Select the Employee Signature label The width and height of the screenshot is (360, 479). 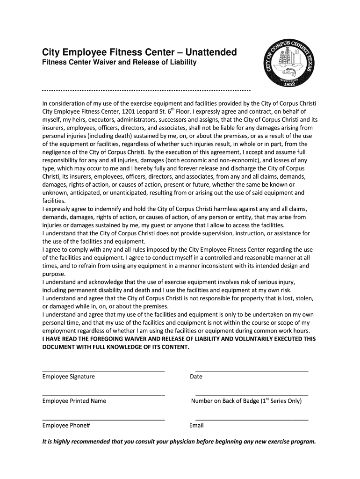click(68, 377)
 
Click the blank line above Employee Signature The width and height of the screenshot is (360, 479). click(103, 370)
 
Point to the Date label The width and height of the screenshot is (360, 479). click(196, 377)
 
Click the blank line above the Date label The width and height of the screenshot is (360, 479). click(252, 370)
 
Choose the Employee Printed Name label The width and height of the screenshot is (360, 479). click(74, 401)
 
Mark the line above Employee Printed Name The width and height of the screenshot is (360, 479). click(103, 395)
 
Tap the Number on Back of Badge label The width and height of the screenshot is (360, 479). click(246, 401)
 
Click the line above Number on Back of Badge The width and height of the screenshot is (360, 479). click(252, 395)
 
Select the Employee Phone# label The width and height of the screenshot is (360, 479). click(66, 426)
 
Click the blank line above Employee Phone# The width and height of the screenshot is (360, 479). click(103, 420)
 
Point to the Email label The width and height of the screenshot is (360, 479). click(196, 426)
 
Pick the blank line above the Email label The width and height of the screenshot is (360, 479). click(252, 420)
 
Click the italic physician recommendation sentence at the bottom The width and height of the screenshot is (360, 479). click(179, 442)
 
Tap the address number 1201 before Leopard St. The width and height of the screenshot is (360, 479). click(130, 112)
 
